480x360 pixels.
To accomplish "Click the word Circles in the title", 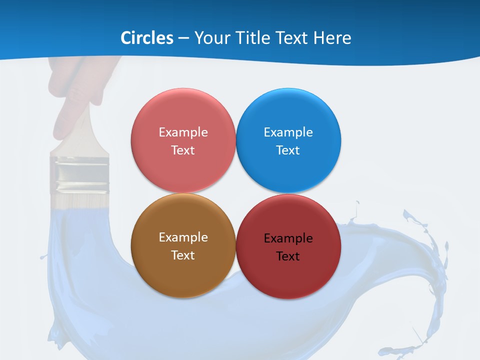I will click(147, 38).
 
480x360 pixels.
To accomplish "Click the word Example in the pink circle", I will click(183, 132).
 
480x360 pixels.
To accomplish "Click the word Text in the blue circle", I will click(288, 150).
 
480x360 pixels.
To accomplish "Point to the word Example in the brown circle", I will click(183, 237).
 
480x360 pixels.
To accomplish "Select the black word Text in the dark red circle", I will click(288, 256).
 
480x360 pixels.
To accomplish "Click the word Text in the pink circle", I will click(183, 150).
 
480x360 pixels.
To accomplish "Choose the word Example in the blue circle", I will click(288, 132).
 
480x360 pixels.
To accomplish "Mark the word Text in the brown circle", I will click(183, 255).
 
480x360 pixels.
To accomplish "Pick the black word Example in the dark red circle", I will click(288, 238).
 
